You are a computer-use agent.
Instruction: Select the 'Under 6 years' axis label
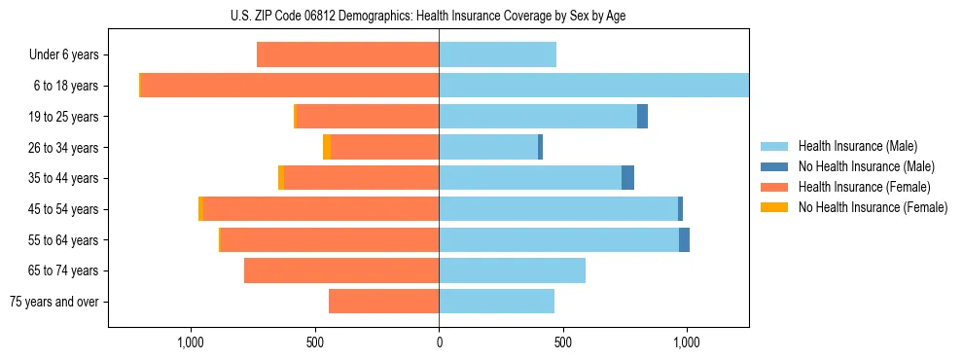coord(63,54)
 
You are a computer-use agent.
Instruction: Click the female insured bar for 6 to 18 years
coord(290,86)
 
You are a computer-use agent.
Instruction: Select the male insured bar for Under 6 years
coord(497,54)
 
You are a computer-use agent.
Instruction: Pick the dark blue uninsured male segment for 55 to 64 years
coord(684,239)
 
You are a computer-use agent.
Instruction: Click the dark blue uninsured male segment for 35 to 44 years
coord(627,178)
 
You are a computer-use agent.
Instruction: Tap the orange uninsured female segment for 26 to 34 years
coord(327,147)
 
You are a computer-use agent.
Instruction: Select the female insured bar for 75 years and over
coord(383,302)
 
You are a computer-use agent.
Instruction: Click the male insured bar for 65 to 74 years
coord(512,270)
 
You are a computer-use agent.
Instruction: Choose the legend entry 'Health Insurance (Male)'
coord(857,146)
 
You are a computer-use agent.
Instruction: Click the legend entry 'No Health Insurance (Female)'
coord(873,207)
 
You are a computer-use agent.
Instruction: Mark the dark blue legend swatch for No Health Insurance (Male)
coord(774,166)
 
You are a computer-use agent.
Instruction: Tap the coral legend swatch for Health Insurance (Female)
coord(774,187)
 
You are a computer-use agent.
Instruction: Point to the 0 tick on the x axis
coord(439,342)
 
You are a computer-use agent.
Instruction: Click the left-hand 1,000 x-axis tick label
coord(190,342)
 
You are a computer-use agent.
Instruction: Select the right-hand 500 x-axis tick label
coord(562,342)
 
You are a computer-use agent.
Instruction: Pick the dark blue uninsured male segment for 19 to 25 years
coord(642,117)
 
